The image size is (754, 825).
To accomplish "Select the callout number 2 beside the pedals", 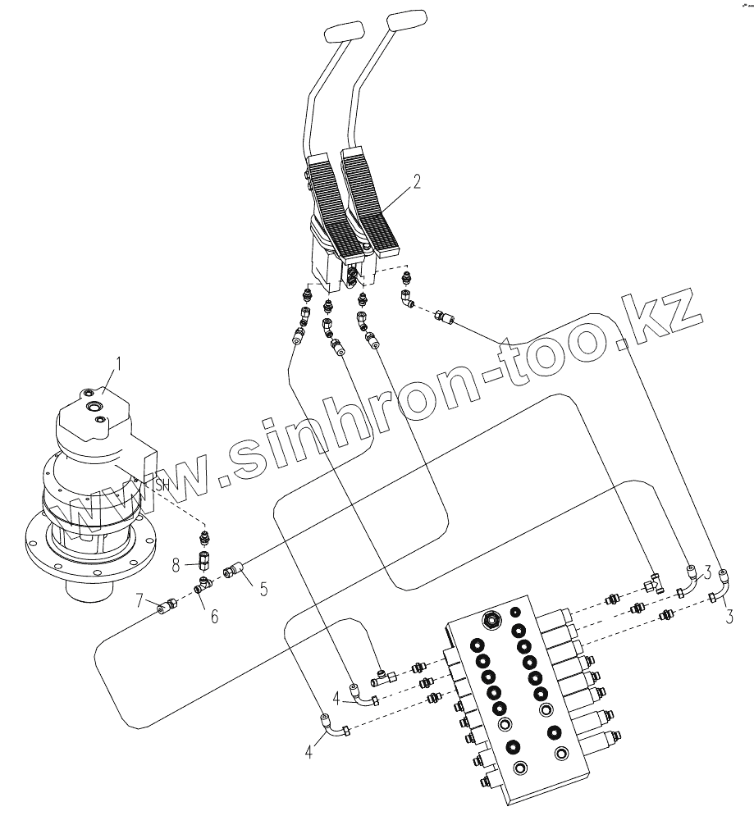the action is pos(417,182).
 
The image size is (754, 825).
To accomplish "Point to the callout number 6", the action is pos(213,616).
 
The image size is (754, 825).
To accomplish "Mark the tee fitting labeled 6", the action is pos(202,585).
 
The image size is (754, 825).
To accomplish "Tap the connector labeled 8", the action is pos(203,563).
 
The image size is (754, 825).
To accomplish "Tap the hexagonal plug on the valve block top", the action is pos(492,618).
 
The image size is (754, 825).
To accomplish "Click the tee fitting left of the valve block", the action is pos(383,677).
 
